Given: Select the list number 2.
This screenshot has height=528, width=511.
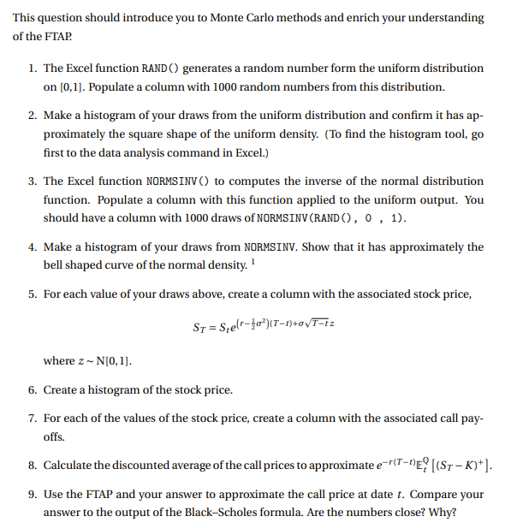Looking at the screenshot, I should (x=31, y=116).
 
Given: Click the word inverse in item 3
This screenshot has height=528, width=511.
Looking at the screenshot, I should (x=326, y=181).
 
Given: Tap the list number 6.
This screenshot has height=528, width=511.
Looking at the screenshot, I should (x=31, y=390).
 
